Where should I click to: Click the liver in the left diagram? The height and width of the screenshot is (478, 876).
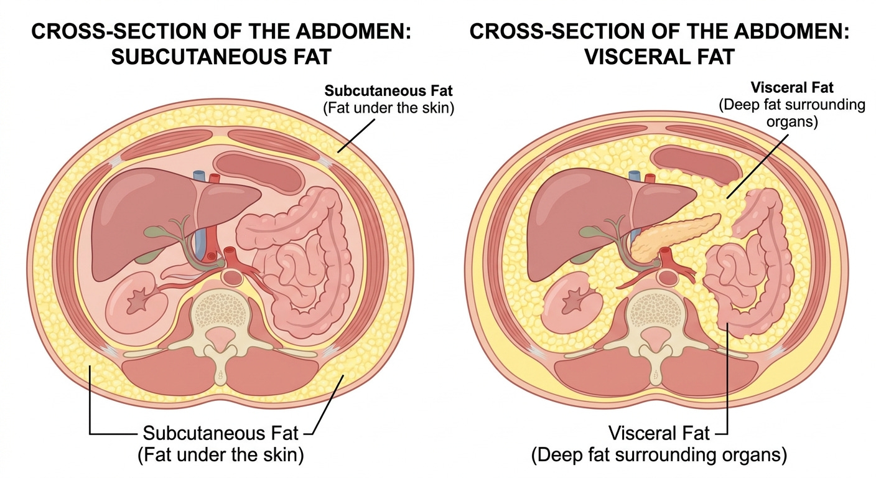click(x=143, y=218)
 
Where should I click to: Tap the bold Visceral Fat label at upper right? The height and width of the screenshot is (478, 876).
click(x=791, y=88)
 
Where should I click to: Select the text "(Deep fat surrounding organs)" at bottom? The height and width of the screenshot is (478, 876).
click(x=659, y=455)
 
